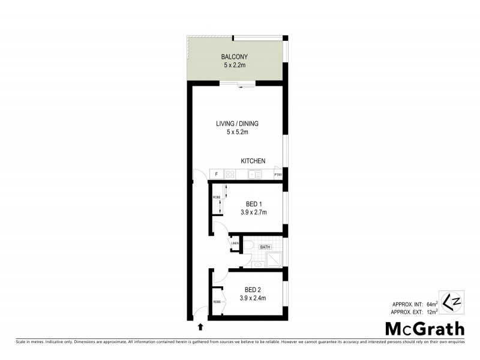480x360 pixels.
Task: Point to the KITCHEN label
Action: click(x=253, y=161)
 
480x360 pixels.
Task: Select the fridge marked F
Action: click(x=215, y=175)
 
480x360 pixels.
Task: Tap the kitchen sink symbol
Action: click(x=255, y=175)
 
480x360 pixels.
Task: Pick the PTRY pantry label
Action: click(x=278, y=175)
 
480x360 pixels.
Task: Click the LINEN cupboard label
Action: click(x=235, y=244)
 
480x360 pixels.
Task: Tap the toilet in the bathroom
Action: click(x=248, y=247)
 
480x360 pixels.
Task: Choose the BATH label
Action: click(x=265, y=247)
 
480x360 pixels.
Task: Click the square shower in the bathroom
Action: click(x=275, y=259)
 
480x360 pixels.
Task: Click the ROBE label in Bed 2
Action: click(x=217, y=302)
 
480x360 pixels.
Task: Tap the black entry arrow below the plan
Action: click(x=200, y=327)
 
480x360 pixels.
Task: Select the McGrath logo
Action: click(x=424, y=328)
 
